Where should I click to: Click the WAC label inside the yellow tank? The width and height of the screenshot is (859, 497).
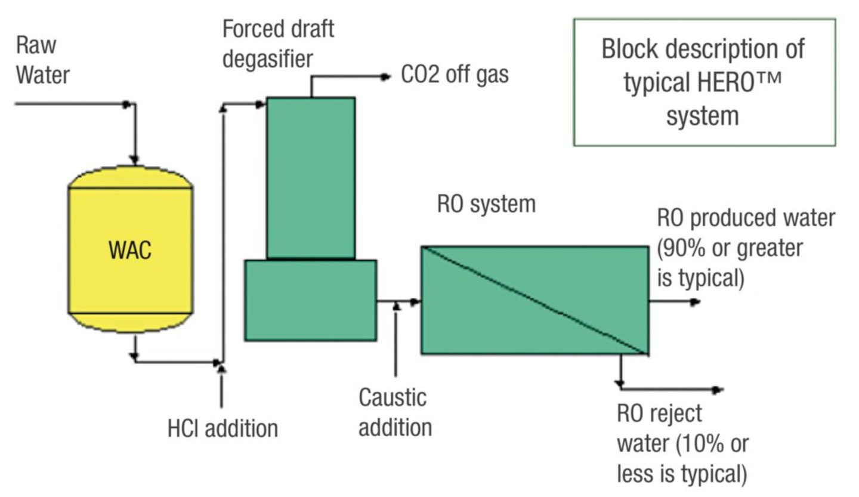click(130, 251)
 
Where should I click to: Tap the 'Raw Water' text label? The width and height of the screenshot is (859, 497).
click(43, 60)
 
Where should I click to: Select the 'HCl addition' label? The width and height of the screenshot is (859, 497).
click(223, 428)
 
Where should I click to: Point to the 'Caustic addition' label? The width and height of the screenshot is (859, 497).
click(394, 412)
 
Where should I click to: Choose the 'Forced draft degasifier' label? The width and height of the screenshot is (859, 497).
click(278, 44)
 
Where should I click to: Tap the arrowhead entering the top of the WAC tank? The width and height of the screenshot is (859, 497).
click(135, 159)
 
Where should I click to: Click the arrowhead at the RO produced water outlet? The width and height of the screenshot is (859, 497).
click(695, 302)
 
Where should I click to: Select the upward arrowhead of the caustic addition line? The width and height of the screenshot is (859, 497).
click(396, 305)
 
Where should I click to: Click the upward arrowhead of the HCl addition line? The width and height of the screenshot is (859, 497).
click(222, 368)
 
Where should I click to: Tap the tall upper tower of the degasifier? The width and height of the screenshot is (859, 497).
click(311, 177)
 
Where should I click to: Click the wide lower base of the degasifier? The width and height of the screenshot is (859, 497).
click(310, 300)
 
